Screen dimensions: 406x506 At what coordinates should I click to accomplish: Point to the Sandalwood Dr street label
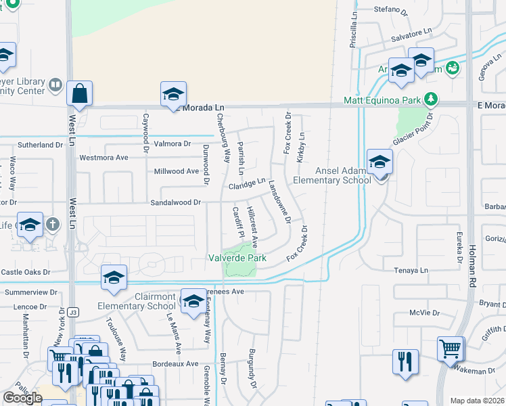176,202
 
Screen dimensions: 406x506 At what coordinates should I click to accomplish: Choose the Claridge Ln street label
247,184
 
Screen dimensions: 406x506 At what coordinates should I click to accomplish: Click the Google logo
22,398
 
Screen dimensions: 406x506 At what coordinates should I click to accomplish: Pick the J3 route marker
73,312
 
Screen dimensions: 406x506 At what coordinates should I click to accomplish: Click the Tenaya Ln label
412,270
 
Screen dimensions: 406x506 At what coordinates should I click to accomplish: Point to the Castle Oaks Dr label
26,272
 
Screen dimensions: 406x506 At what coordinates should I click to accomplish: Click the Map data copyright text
478,401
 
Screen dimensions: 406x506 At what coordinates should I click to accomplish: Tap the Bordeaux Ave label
178,363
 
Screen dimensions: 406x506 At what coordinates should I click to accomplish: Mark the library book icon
55,85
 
